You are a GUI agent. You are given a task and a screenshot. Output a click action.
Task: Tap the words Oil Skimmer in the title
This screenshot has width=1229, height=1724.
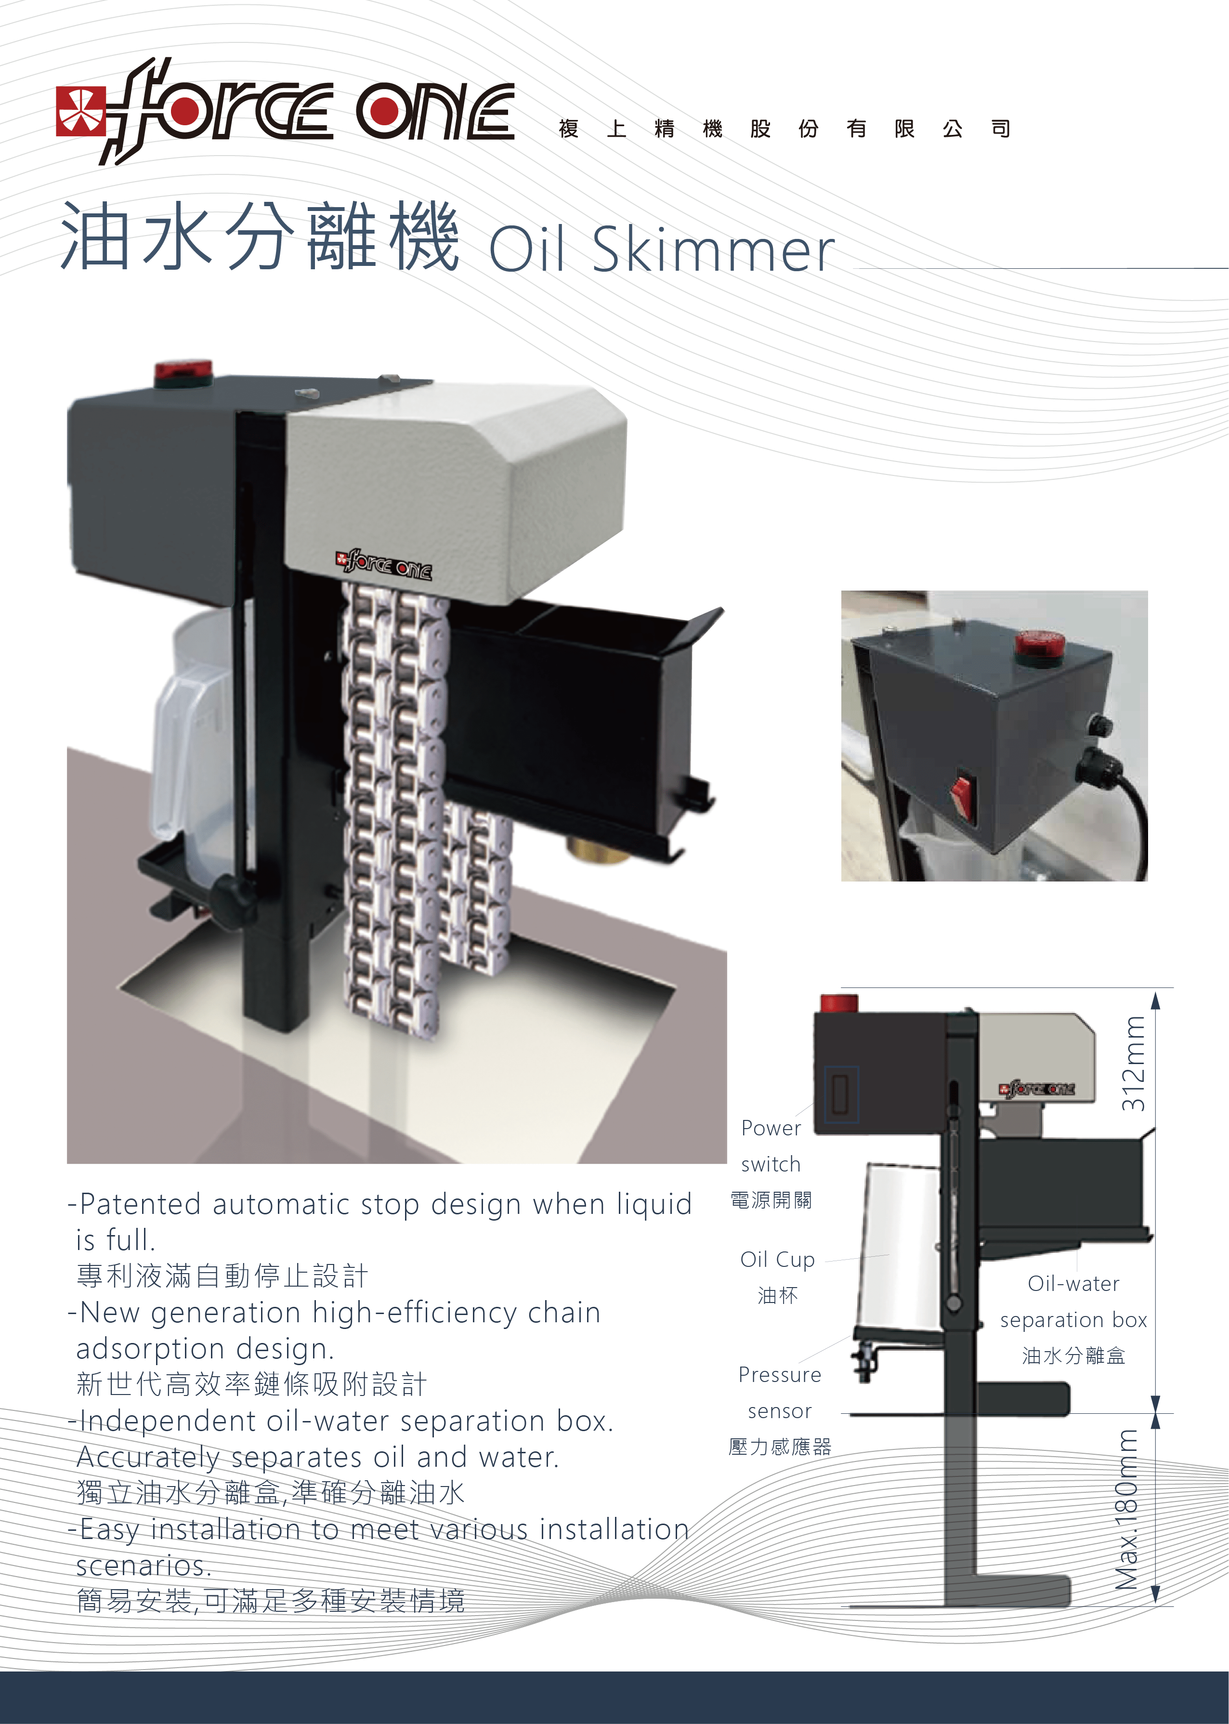coord(661,250)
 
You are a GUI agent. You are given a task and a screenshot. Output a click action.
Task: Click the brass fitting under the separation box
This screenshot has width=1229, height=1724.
coord(598,849)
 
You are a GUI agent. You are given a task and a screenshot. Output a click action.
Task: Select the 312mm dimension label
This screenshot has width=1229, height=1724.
coord(1133,1063)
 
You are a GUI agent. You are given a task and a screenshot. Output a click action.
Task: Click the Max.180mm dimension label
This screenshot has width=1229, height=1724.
coord(1127,1509)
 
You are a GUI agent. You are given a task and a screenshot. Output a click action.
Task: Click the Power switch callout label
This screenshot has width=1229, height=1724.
coord(771,1146)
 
